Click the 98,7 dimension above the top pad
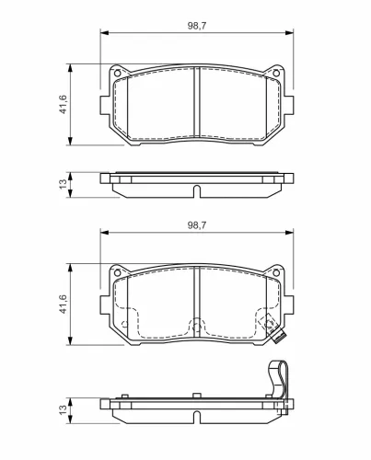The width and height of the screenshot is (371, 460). click(197, 26)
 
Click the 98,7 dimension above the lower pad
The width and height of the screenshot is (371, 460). click(197, 225)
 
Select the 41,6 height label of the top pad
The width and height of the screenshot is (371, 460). click(63, 104)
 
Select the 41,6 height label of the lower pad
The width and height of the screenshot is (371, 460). click(63, 304)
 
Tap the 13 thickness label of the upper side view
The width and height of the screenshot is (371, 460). click(63, 184)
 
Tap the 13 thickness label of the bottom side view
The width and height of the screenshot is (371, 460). click(63, 409)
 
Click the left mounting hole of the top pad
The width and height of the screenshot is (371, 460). click(117, 74)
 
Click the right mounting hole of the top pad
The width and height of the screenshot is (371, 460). click(276, 74)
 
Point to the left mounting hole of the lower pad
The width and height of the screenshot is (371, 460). click(117, 272)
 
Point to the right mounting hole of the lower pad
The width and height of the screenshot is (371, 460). click(276, 272)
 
